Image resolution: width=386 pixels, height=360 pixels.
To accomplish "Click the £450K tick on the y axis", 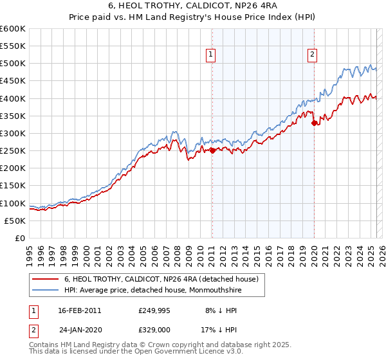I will coord(13,81).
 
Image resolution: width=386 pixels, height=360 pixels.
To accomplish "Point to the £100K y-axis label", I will coord(13,203).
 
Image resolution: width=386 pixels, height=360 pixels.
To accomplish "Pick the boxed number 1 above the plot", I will coord(212,55).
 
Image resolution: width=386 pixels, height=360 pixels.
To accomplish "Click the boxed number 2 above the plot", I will coord(312,55).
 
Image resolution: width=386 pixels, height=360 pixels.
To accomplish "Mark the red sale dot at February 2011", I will coord(212,151).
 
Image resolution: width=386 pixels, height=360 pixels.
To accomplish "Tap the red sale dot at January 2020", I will coord(314,123).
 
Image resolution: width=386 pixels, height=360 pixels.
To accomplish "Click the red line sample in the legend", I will coord(46,279).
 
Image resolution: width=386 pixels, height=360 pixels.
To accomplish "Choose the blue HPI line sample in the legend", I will coord(46,290).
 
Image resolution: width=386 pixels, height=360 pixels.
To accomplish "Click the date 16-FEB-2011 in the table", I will coord(79,310).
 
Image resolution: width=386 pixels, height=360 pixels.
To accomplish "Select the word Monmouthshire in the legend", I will coord(237,290).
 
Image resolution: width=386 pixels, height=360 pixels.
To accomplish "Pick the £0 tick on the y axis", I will coord(21,239).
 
